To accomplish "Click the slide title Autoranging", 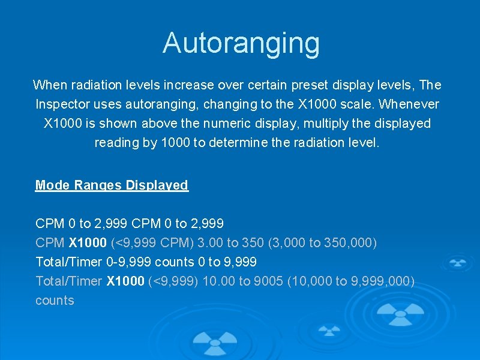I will coord(241,43).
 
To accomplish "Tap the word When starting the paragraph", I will coord(49,85).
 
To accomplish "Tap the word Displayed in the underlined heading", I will coord(157,185).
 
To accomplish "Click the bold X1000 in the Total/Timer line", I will coord(125,281).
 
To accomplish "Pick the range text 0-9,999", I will coord(128,262).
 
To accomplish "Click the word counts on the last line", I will coord(55,301).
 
